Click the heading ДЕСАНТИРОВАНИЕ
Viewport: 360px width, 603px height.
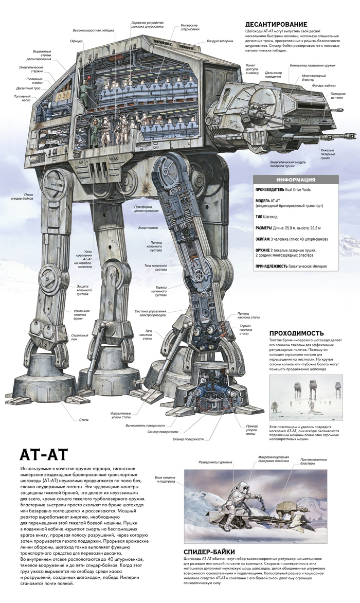[x=276, y=24]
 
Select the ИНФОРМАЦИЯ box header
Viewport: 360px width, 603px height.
[x=296, y=180]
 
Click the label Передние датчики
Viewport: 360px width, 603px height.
[x=337, y=96]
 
